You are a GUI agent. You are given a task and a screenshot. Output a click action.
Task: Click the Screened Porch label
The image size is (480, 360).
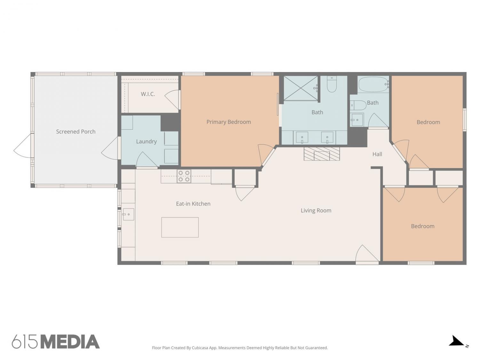[x=76, y=132]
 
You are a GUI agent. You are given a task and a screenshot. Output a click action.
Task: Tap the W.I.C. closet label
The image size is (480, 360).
[x=148, y=94]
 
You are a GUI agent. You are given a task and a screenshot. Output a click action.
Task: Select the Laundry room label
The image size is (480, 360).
[x=146, y=141]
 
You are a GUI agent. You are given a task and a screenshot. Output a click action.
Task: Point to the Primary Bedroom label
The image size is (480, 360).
[x=228, y=122]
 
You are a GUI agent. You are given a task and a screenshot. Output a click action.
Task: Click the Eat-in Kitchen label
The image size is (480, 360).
[x=193, y=204]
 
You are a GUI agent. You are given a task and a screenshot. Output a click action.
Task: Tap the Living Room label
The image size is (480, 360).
[x=316, y=211]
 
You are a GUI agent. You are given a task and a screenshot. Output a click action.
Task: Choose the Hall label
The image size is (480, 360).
[x=377, y=154]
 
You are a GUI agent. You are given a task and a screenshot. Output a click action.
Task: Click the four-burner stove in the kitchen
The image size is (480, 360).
[x=184, y=176]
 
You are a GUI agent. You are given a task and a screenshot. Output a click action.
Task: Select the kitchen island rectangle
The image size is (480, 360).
[x=180, y=227]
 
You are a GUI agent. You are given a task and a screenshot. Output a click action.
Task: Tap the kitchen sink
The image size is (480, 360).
[x=128, y=214]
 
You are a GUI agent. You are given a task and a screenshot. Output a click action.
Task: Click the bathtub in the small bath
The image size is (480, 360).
[x=373, y=84]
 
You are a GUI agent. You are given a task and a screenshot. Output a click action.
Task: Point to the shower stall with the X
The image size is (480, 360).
[x=301, y=88]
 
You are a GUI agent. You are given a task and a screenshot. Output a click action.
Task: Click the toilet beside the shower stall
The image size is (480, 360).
[x=332, y=84]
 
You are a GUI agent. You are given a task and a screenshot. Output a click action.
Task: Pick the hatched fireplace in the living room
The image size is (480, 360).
[x=322, y=154]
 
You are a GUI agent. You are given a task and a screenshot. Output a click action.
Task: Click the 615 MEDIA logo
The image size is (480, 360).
[x=56, y=341]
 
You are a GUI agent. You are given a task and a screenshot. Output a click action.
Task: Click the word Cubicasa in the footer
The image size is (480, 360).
[x=200, y=348]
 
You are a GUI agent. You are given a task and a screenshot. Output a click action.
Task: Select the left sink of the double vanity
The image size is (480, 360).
[x=302, y=137]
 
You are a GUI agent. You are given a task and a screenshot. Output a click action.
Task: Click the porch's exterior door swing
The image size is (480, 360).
[x=23, y=146]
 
